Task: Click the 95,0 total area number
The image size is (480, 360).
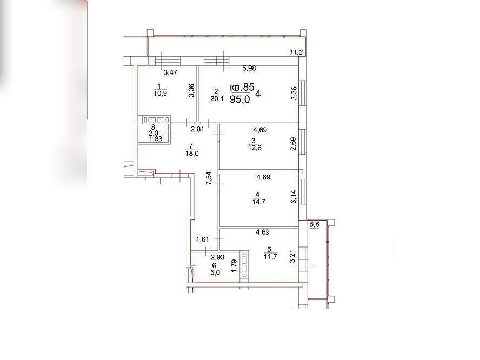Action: (239, 99)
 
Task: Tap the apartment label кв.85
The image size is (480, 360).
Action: (242, 87)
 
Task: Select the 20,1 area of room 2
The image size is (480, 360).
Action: (217, 98)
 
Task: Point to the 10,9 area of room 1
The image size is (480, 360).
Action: (161, 94)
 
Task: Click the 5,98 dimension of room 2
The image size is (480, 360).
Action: (249, 68)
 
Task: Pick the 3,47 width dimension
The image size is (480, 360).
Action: (170, 72)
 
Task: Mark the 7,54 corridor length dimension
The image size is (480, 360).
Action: (209, 178)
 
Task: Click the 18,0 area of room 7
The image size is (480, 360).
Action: (192, 154)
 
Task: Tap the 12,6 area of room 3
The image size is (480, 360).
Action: (255, 148)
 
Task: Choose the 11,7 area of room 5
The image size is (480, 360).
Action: (270, 257)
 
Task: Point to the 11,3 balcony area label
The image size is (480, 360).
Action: (296, 52)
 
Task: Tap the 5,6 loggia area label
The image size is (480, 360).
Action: (315, 225)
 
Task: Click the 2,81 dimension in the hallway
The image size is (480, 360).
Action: (197, 129)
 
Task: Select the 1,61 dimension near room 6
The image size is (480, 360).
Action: (203, 239)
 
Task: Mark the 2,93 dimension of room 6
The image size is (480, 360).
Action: (217, 257)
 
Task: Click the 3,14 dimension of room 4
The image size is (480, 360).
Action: (294, 197)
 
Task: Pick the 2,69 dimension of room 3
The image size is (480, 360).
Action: (294, 144)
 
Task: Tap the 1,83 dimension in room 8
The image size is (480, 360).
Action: (156, 139)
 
